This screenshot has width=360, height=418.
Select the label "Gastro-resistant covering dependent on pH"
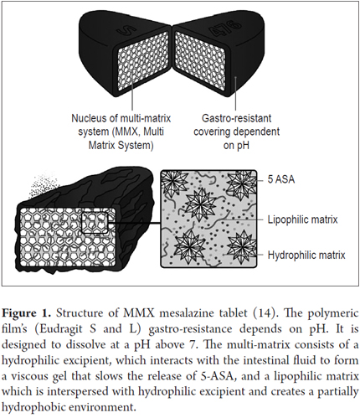(x=236, y=132)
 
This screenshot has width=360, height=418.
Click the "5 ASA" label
(x=281, y=179)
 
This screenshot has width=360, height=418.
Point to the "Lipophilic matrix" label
(x=302, y=219)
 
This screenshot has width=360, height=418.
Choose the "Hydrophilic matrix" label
(x=306, y=255)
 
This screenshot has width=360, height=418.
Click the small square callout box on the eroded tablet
(x=95, y=223)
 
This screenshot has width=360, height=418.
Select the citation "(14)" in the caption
(x=262, y=313)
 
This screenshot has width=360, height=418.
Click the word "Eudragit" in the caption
(x=58, y=329)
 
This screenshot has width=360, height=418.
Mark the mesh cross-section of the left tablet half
(x=142, y=61)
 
